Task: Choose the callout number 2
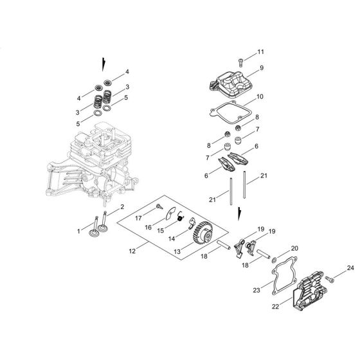pos(122,206)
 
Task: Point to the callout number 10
pos(260,97)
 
